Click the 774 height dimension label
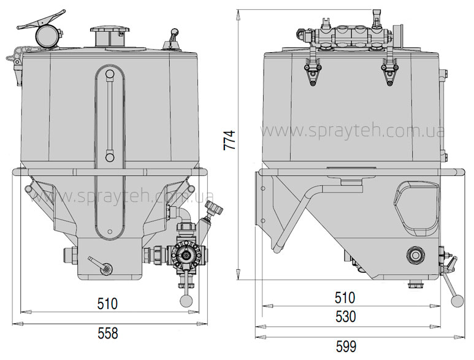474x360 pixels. [229, 140]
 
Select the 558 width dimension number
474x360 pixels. [108, 334]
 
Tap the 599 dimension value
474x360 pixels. [346, 347]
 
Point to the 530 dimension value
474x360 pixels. [346, 316]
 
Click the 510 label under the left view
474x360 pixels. [108, 304]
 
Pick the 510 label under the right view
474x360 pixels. [345, 297]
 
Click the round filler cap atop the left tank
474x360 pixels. [109, 30]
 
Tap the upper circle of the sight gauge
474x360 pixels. [109, 74]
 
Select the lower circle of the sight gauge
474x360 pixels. [109, 157]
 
